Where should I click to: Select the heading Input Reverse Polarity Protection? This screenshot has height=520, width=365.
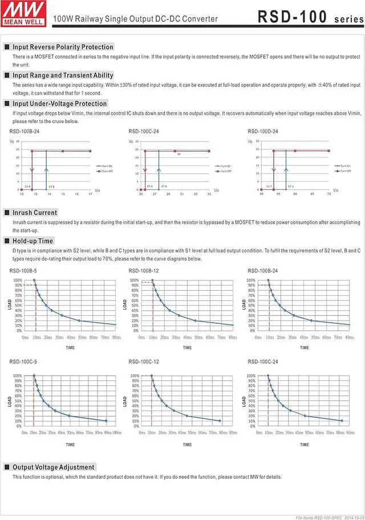63,47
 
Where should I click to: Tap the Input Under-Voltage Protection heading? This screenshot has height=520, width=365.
59,104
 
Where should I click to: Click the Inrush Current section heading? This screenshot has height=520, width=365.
35,213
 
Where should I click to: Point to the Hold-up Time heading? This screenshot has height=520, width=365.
33,241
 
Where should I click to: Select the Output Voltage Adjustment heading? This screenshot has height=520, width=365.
54,467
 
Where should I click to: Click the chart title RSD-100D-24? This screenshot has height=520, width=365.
263,132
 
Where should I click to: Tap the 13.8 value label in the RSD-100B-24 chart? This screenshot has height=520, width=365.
51,186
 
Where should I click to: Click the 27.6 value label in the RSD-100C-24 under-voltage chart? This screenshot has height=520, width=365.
164,186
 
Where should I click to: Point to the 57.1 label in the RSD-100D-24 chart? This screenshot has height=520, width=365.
291,186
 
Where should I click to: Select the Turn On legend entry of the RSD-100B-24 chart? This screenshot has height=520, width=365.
106,165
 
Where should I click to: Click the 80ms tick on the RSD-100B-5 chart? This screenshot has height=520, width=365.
116,338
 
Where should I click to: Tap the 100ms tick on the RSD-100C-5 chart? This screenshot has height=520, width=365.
116,433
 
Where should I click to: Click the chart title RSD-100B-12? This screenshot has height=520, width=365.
144,270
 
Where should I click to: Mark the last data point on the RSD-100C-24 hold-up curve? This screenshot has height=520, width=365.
342,421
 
